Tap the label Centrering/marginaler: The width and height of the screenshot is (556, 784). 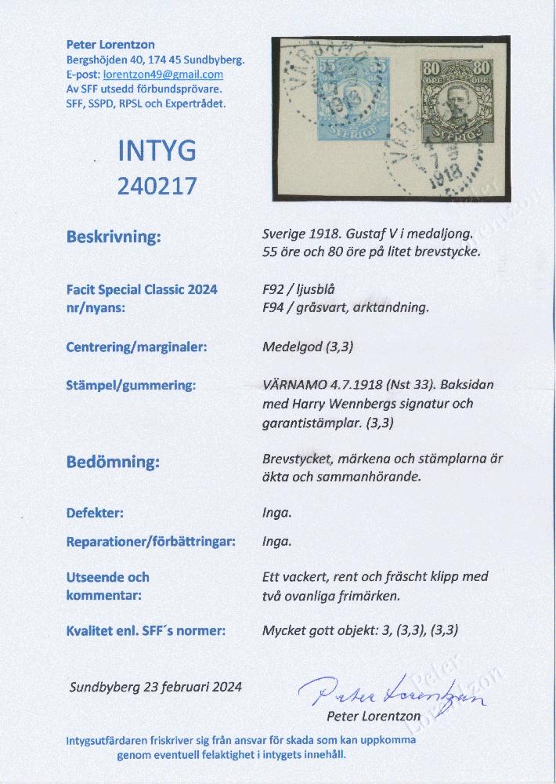(x=136, y=347)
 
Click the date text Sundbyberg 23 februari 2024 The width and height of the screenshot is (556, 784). (x=155, y=687)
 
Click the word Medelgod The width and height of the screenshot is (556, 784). (x=288, y=347)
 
